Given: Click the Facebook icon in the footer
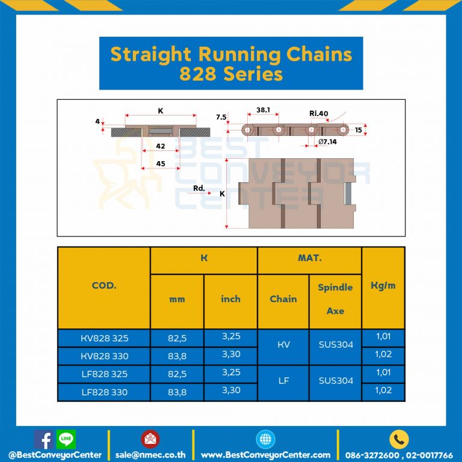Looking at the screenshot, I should pyautogui.click(x=42, y=440).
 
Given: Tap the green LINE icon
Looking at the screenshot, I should pyautogui.click(x=66, y=439).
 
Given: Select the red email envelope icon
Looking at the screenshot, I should pyautogui.click(x=150, y=439).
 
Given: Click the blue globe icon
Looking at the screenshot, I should pyautogui.click(x=265, y=439).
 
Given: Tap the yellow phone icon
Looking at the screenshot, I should pyautogui.click(x=399, y=439).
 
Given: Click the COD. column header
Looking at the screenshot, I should pyautogui.click(x=103, y=286).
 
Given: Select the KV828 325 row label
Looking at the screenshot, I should pyautogui.click(x=103, y=338).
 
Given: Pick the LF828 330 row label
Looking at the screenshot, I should pyautogui.click(x=103, y=392).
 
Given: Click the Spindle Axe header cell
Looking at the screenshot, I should pyautogui.click(x=335, y=299).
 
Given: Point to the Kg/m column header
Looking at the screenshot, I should pyautogui.click(x=383, y=286).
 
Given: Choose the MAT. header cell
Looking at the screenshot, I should pyautogui.click(x=309, y=259).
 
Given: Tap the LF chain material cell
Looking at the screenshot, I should pyautogui.click(x=283, y=381).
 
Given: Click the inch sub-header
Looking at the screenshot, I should pyautogui.click(x=230, y=299).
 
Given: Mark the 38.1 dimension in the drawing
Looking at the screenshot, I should pyautogui.click(x=263, y=111).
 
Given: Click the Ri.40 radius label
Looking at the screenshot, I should pyautogui.click(x=319, y=113).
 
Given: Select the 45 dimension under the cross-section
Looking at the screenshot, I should pyautogui.click(x=161, y=164).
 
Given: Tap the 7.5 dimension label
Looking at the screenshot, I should pyautogui.click(x=221, y=117).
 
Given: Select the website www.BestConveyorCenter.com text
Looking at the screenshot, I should pyautogui.click(x=265, y=455).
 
